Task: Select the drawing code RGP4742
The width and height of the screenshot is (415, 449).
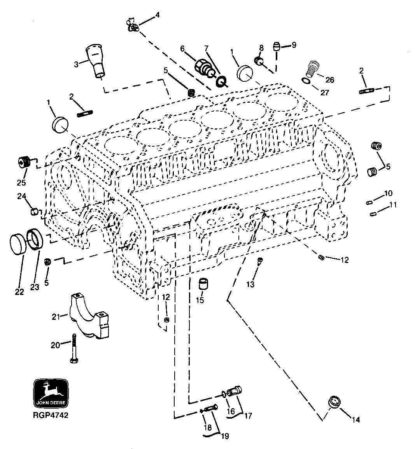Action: [x=51, y=415]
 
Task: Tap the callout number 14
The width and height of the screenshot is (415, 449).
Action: [x=356, y=419]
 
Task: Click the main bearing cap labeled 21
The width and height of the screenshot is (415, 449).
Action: [x=90, y=316]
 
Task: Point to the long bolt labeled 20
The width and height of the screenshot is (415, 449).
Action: [x=74, y=349]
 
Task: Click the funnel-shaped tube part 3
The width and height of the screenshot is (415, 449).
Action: [x=96, y=61]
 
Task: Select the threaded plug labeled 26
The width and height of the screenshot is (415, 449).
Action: [x=314, y=68]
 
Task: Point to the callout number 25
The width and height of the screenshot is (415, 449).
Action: [x=21, y=182]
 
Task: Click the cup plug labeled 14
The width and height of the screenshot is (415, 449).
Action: [x=334, y=402]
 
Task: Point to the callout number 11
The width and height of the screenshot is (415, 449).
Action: [x=393, y=204]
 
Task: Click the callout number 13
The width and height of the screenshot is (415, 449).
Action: [x=250, y=284]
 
